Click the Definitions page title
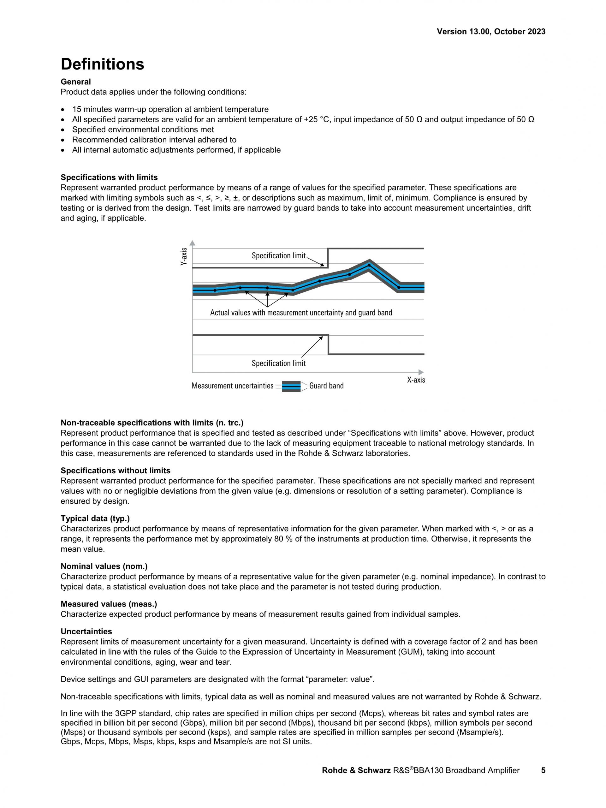(102, 64)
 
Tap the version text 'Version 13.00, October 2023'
(491, 32)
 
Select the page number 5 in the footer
(543, 770)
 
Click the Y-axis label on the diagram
(184, 256)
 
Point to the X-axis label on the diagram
(416, 380)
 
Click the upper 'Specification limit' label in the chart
(278, 256)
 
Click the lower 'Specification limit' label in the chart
(278, 363)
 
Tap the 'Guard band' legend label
(326, 386)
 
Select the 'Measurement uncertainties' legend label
(232, 386)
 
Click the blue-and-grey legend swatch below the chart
(291, 386)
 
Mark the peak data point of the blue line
(369, 265)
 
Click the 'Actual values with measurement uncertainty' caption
(301, 313)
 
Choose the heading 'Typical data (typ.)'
(95, 518)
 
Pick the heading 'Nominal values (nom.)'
(104, 566)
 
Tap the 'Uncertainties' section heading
(86, 631)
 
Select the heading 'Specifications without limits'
(115, 470)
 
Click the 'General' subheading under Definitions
(75, 82)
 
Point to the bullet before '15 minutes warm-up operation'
(64, 110)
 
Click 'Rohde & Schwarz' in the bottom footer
(356, 770)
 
